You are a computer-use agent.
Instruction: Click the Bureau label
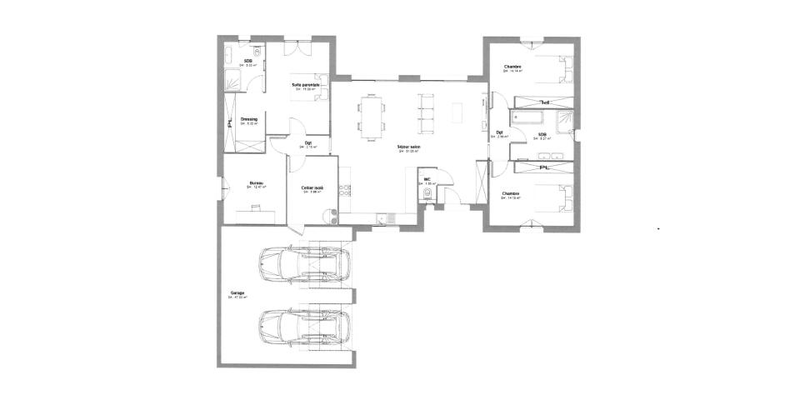(x=257, y=183)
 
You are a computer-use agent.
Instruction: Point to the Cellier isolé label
(x=313, y=187)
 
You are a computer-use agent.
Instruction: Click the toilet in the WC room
(x=428, y=195)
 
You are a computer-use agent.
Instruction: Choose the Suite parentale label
(x=305, y=84)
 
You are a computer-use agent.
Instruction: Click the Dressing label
(x=248, y=119)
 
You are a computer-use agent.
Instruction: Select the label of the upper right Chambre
(x=512, y=67)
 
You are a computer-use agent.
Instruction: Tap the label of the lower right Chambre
(x=511, y=193)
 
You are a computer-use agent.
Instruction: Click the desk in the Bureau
(x=254, y=212)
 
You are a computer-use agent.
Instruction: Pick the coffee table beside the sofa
(x=457, y=112)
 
